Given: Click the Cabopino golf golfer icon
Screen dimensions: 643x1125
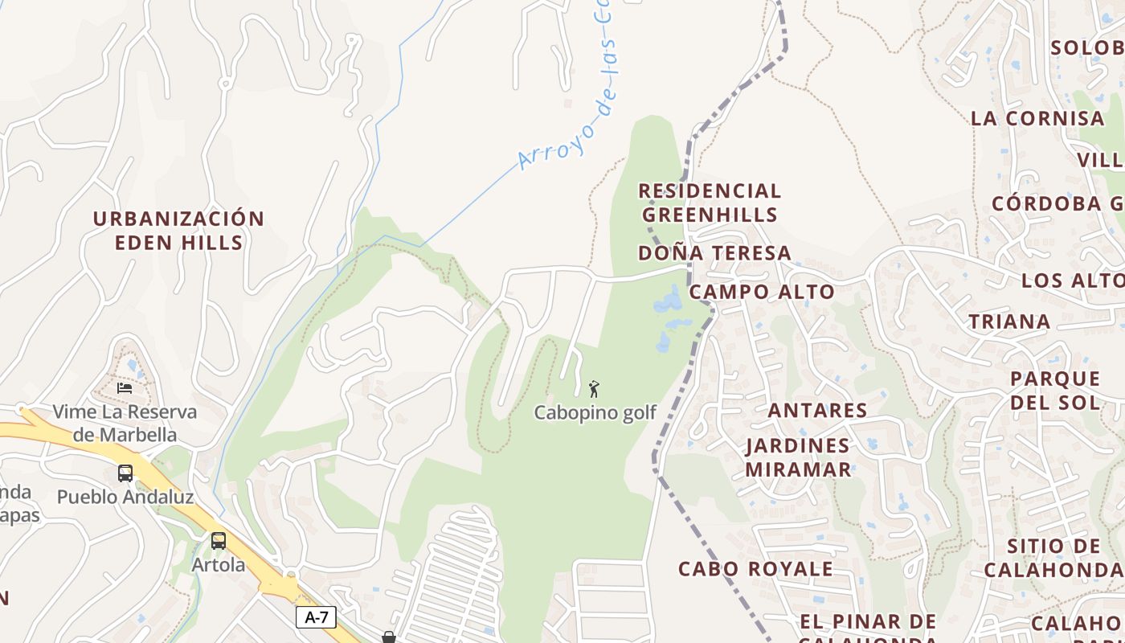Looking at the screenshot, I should pos(594,390).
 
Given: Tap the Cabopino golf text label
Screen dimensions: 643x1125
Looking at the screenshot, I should pos(595,413).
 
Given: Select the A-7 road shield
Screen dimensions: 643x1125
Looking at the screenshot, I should pos(316,617).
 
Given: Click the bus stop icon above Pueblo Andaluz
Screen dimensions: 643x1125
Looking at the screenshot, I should pos(125,473).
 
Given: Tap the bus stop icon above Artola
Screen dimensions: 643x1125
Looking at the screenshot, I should pos(218,540).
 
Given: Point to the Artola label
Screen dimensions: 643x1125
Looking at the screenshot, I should pos(219,565).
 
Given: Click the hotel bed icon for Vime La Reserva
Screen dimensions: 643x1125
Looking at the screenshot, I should pos(125,387).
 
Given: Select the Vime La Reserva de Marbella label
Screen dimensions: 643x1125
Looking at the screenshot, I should pos(125,424).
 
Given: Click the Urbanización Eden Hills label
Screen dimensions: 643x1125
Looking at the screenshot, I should pos(178,231).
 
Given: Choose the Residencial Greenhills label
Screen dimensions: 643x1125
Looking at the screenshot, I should pos(710,203).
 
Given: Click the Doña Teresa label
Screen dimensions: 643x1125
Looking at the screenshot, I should pos(714,253).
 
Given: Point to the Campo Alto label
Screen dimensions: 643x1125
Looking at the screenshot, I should pos(762,292).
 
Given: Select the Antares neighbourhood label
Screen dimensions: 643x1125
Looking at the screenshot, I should pos(817,411).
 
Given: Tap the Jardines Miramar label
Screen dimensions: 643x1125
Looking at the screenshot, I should pos(798,457).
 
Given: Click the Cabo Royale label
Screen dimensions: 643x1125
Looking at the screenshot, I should pos(755,569).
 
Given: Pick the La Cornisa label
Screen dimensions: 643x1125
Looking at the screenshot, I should pos(1037,118).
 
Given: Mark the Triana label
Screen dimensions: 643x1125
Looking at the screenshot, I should pos(1009,322).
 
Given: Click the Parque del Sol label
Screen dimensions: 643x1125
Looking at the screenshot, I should pos(1054,390).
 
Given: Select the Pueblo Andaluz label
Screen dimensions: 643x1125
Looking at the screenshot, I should pos(125,498).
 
